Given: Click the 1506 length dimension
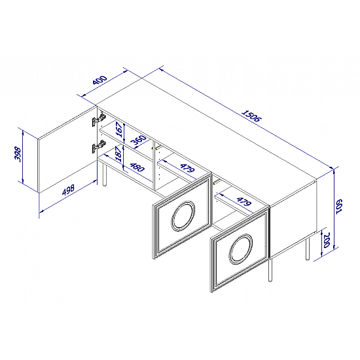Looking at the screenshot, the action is pyautogui.click(x=251, y=117).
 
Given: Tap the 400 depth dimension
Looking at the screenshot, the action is pyautogui.click(x=100, y=80).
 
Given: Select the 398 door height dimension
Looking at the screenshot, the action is pyautogui.click(x=18, y=154).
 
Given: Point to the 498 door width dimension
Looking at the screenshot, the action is pyautogui.click(x=69, y=189).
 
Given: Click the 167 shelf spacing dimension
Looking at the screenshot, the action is pyautogui.click(x=119, y=130).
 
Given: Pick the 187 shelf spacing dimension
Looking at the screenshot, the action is pyautogui.click(x=119, y=154).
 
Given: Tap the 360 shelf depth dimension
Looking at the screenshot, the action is pyautogui.click(x=138, y=141).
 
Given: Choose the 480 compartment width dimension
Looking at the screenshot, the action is pyautogui.click(x=137, y=168).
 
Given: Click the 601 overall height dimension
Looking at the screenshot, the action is pyautogui.click(x=339, y=206).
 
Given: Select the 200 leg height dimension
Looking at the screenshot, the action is pyautogui.click(x=326, y=240).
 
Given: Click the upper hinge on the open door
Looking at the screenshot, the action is pyautogui.click(x=99, y=120).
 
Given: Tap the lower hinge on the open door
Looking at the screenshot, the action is pyautogui.click(x=99, y=146).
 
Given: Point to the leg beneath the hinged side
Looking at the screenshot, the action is pyautogui.click(x=104, y=173).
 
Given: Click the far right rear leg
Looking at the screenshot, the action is pyautogui.click(x=308, y=249).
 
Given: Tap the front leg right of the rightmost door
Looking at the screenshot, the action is pyautogui.click(x=270, y=270).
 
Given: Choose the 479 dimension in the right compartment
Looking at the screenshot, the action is pyautogui.click(x=244, y=202).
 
